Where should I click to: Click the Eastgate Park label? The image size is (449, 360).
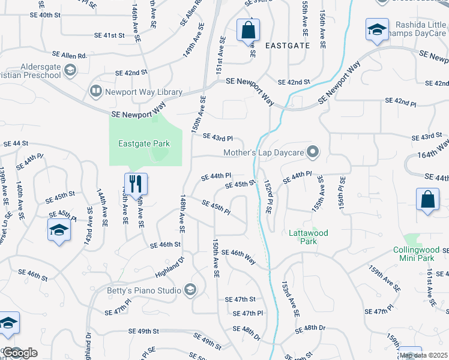click(x=144, y=144)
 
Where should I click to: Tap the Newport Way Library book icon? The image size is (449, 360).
click(x=95, y=92)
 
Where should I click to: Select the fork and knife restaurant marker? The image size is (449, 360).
click(x=135, y=182)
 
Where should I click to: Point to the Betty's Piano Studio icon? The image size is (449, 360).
click(x=190, y=291)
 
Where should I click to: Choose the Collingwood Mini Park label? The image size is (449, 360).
click(x=413, y=254)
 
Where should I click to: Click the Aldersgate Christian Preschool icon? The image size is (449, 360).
click(x=70, y=71)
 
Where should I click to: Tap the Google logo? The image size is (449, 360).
click(x=20, y=353)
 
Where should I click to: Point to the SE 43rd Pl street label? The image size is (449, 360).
click(x=217, y=138)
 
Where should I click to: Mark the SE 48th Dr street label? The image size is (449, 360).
click(x=310, y=328)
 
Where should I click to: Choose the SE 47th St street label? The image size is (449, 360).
click(x=240, y=299)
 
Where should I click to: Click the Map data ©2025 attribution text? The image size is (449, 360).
click(x=423, y=355)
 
